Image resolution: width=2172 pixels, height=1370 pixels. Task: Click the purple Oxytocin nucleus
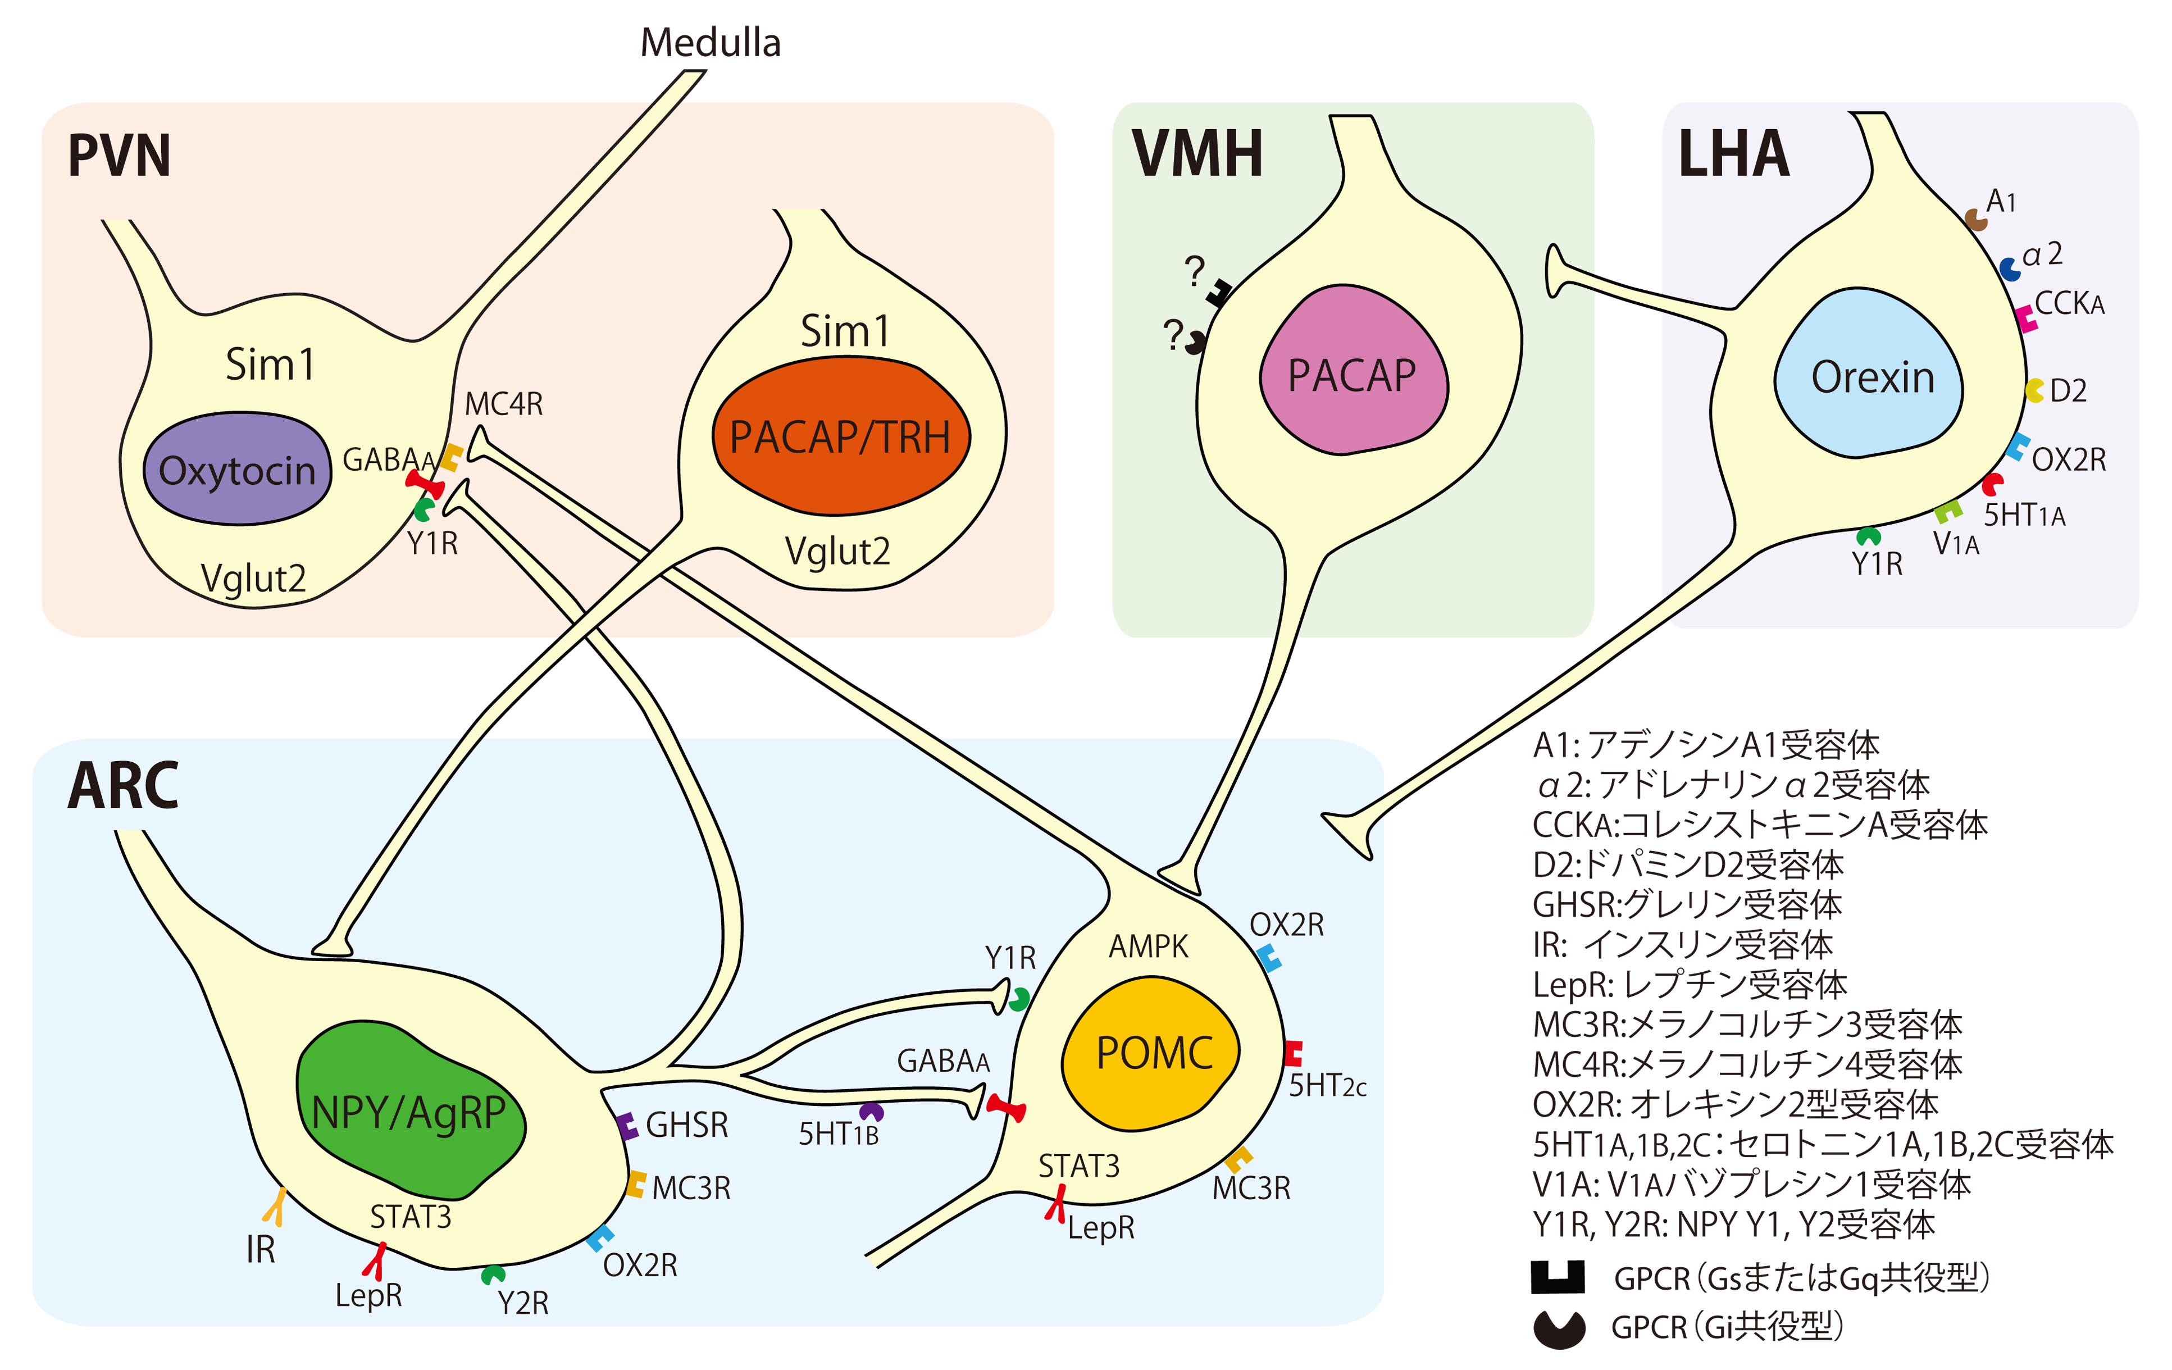coord(237,469)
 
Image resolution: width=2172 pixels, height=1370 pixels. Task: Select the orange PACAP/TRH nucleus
coord(841,436)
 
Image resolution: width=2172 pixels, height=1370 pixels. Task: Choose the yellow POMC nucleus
coord(1153,1053)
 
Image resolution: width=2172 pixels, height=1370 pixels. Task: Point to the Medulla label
coord(710,42)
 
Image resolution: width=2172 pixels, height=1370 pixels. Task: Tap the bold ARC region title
coord(124,786)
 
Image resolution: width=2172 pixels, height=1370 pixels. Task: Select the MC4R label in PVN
coord(503,404)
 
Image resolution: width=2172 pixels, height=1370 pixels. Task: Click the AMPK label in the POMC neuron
coord(1148,946)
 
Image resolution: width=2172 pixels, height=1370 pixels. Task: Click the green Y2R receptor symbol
coord(493,1275)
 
